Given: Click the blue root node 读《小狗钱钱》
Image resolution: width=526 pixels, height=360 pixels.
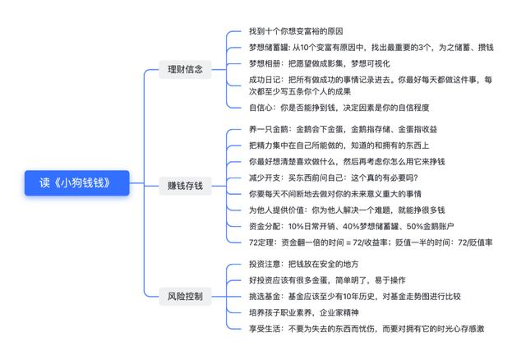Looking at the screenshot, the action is pyautogui.click(x=76, y=182).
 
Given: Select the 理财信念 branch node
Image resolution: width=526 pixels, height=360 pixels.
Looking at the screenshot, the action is pyautogui.click(x=185, y=69).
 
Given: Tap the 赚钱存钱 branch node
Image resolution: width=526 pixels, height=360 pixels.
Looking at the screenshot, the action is pyautogui.click(x=185, y=186).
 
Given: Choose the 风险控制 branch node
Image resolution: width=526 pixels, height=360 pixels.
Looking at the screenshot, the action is pyautogui.click(x=185, y=296).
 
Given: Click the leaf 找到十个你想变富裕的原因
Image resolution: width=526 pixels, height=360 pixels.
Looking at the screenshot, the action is pyautogui.click(x=296, y=31).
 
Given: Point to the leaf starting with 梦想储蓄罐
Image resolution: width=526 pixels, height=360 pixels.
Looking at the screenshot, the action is pyautogui.click(x=371, y=48).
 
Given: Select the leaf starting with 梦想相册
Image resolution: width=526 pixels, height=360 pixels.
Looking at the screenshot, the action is pyautogui.click(x=320, y=63).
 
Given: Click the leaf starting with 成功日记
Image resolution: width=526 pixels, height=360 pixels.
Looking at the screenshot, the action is pyautogui.click(x=371, y=85).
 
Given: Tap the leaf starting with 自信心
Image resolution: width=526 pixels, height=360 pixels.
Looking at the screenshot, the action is pyautogui.click(x=339, y=108).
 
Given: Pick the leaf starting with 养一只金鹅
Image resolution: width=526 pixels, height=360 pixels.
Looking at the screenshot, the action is pyautogui.click(x=343, y=129).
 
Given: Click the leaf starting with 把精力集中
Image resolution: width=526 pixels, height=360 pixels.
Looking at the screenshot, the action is pyautogui.click(x=339, y=145).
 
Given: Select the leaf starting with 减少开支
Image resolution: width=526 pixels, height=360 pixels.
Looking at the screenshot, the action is pyautogui.click(x=333, y=178).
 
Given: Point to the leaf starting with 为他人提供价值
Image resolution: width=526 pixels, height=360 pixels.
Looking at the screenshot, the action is pyautogui.click(x=347, y=210).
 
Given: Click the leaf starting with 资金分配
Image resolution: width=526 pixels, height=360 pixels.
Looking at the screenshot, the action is pyautogui.click(x=351, y=226).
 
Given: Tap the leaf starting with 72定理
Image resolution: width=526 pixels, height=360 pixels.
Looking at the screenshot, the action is pyautogui.click(x=371, y=242).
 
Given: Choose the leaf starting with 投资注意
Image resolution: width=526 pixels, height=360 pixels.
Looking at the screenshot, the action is pyautogui.click(x=303, y=264).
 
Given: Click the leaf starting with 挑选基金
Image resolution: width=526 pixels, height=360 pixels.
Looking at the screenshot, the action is pyautogui.click(x=355, y=296).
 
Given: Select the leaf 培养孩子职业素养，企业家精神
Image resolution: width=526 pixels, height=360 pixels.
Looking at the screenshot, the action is pyautogui.click(x=303, y=312).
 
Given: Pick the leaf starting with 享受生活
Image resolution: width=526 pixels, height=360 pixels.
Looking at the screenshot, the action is pyautogui.click(x=367, y=329).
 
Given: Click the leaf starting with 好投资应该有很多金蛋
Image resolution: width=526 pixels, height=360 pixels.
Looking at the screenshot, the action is pyautogui.click(x=327, y=280).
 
